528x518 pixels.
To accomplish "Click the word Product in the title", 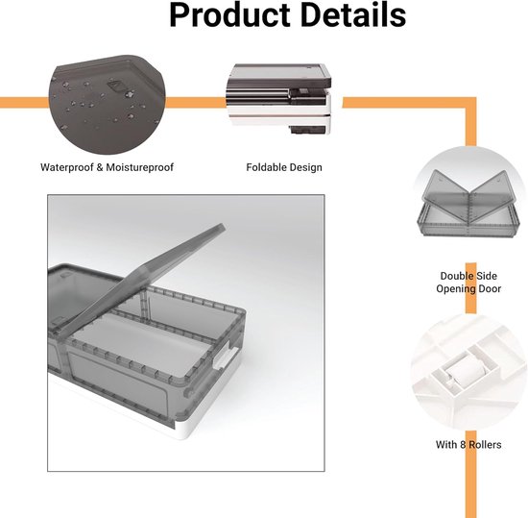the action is pos(230,15).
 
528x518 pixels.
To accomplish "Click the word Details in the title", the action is pos(353,15).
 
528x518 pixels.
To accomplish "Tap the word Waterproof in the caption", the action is pos(66,167).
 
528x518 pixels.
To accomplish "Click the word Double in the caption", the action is pos(455,276).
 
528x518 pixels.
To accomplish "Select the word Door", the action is pos(490,289).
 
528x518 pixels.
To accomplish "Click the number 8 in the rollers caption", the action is pos(463,445).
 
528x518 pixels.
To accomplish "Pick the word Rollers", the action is pos(485,445).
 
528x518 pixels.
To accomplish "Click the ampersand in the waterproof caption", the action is pos(100,167).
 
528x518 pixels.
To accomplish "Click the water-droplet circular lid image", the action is pos(108,104).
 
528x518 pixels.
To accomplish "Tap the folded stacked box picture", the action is pos(278,99).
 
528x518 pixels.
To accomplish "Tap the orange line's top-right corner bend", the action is pos(471,103).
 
